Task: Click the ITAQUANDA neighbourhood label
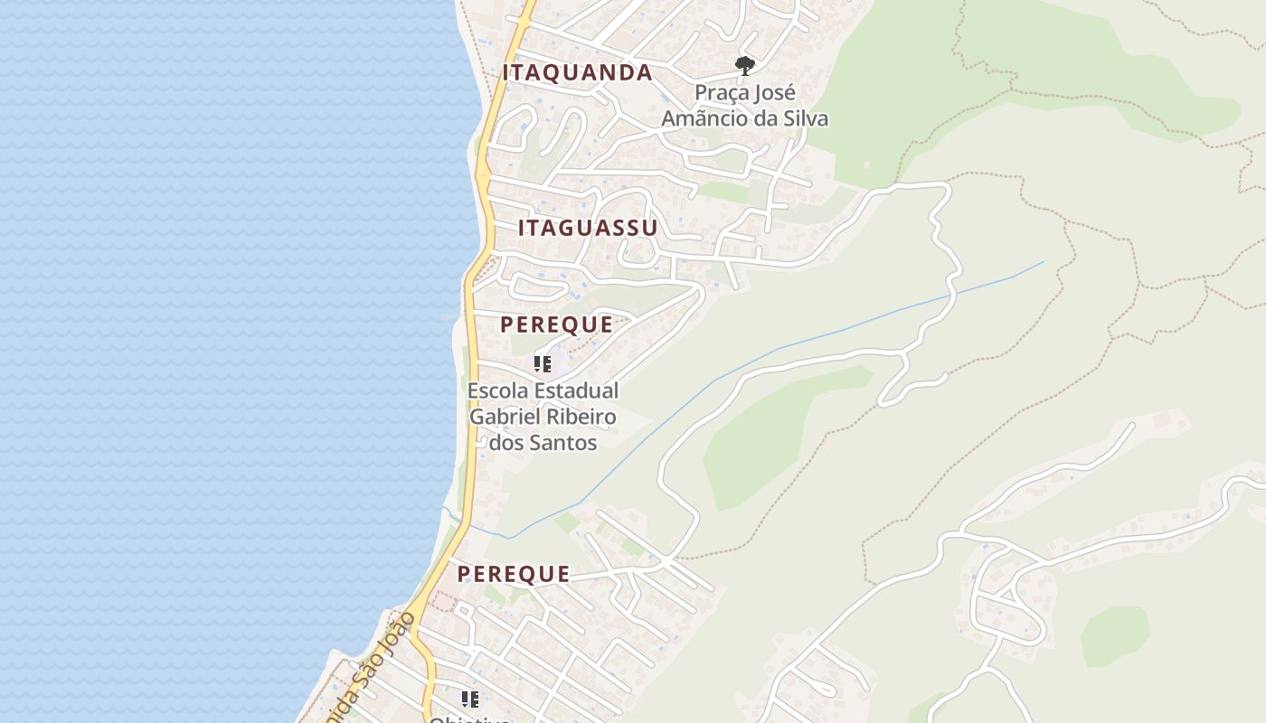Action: [577, 73]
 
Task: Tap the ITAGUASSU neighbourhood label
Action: [588, 228]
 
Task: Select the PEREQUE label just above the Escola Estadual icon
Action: [556, 324]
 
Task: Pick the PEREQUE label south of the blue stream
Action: [513, 574]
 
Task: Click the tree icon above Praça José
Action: [744, 65]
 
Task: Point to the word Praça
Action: [722, 93]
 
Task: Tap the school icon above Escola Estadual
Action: [543, 364]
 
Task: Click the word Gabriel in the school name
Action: [502, 417]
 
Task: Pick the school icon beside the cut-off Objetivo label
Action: [470, 700]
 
